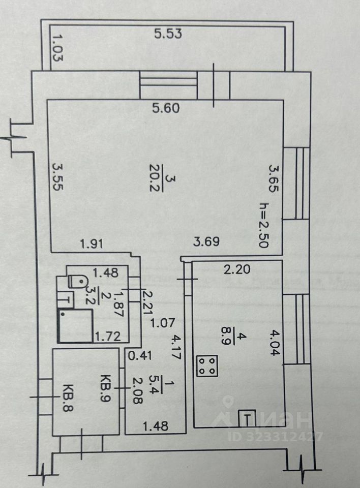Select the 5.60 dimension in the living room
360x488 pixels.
point(168,108)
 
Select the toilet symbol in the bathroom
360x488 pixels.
point(77,280)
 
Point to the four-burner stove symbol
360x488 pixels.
point(206,365)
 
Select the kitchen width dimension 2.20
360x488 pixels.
point(237,270)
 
